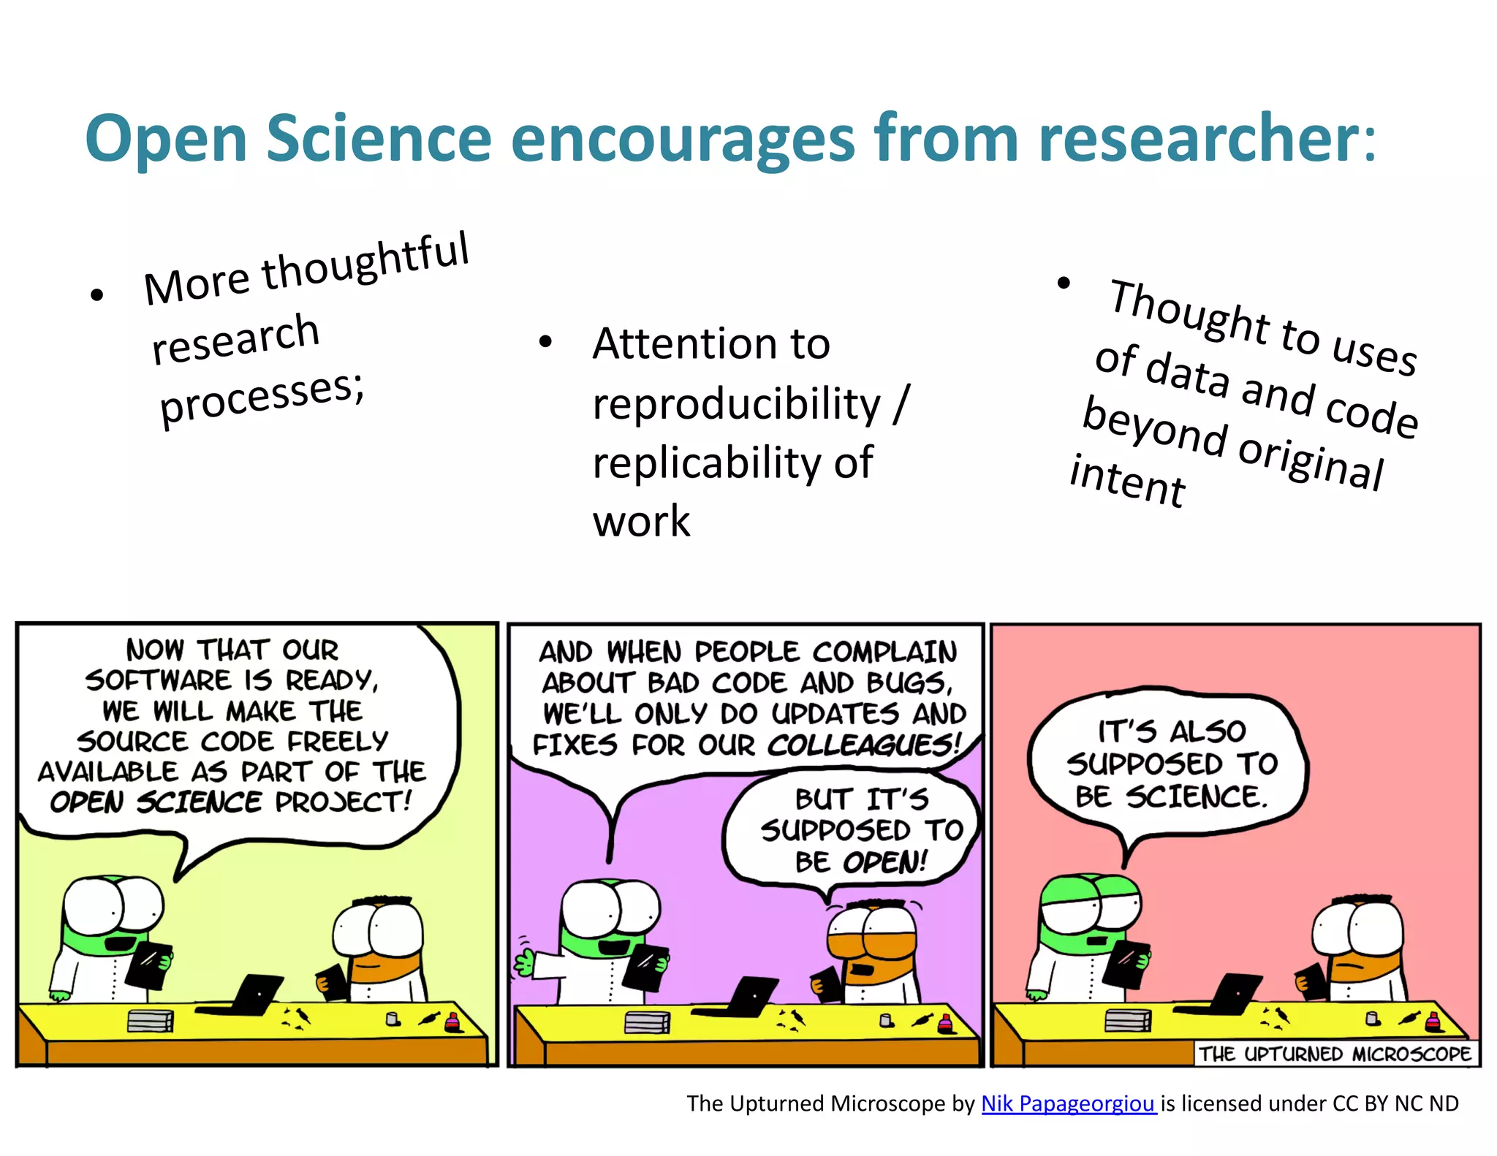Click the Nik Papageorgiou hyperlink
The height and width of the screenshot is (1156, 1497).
(1067, 1103)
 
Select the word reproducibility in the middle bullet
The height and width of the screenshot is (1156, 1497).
(736, 404)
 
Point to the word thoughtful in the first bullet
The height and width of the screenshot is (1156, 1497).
(365, 261)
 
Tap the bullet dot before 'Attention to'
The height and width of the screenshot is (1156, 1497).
(545, 341)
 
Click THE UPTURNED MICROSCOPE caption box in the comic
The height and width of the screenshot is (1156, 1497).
(1334, 1054)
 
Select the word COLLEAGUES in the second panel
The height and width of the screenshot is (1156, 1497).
(863, 745)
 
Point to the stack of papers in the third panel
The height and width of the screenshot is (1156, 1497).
(1127, 1020)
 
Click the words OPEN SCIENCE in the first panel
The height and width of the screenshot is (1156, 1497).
(155, 802)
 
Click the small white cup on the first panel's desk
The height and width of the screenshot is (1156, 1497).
(393, 1019)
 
